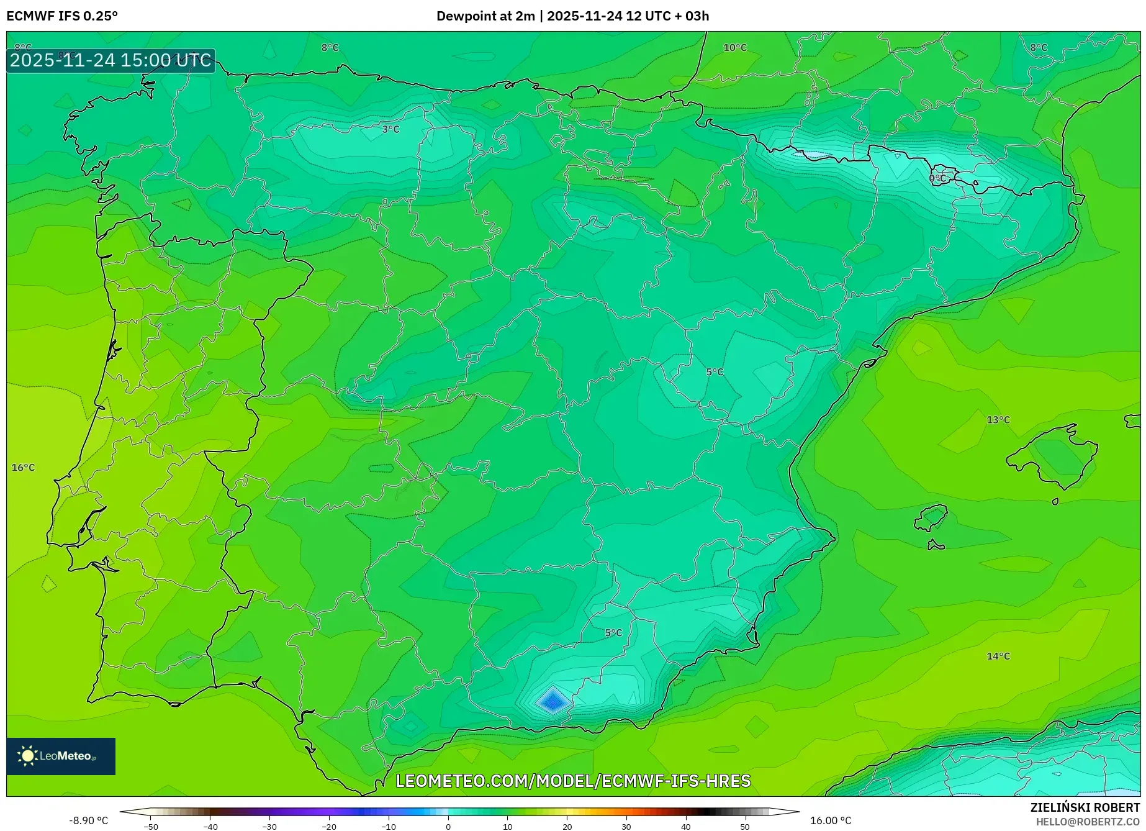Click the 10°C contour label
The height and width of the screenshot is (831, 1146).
pos(735,48)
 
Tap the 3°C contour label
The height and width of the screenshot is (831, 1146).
pos(390,129)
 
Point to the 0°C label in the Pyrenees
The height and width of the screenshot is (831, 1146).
pos(937,178)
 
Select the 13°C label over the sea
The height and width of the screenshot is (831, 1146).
pos(998,420)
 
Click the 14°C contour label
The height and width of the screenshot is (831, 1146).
pos(998,656)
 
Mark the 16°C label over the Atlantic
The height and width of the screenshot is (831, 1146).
pos(24,468)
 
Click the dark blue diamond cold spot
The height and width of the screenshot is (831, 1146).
pos(553,702)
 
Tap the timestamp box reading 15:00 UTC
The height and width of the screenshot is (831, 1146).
pos(111,60)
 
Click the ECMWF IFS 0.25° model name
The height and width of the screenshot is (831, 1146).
pos(62,16)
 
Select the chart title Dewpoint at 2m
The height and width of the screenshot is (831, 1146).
pos(485,16)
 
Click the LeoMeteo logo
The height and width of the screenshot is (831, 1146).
pos(61,756)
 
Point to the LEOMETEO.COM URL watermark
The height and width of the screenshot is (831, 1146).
pos(573,781)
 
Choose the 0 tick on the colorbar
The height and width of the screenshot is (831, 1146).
pos(448,827)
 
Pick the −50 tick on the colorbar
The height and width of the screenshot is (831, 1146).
pos(151,827)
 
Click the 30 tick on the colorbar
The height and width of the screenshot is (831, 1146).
pos(626,827)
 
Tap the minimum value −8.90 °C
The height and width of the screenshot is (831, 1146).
pos(88,820)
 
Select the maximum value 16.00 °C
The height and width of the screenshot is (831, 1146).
pos(831,820)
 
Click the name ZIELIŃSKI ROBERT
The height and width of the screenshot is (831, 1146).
pos(1085,807)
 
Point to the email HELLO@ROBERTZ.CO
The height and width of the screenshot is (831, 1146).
pos(1088,822)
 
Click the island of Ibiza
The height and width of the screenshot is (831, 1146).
pos(932,517)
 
